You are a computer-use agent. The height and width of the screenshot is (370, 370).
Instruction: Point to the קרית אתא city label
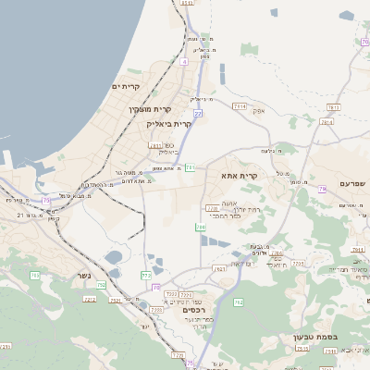click(239, 174)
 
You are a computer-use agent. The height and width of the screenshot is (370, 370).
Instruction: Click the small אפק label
click(259, 110)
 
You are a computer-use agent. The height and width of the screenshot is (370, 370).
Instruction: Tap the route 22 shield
click(198, 113)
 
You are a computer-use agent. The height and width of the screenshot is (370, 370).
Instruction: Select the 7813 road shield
click(333, 107)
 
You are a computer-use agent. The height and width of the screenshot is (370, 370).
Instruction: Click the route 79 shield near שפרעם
click(323, 189)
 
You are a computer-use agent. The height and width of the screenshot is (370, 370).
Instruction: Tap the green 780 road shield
click(201, 227)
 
